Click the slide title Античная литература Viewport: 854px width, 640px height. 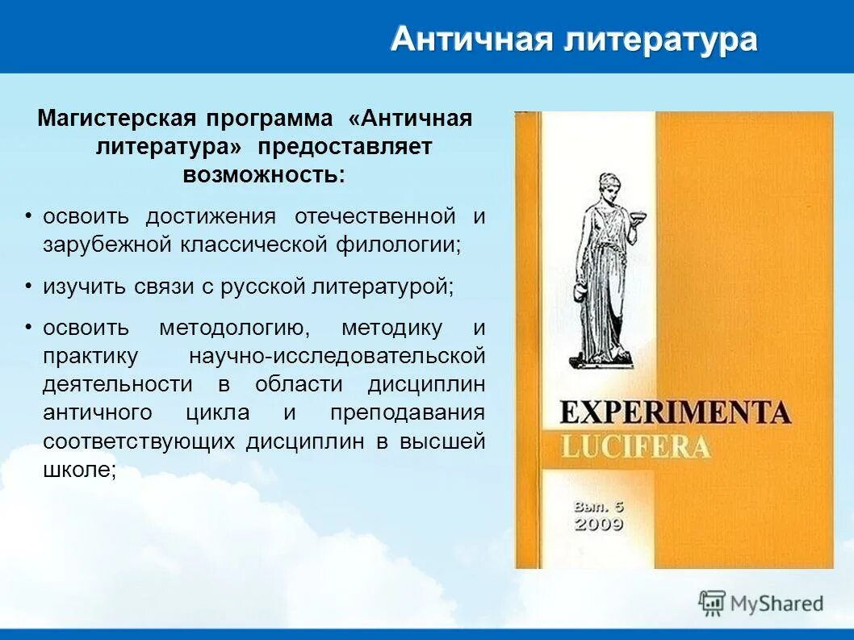click(x=574, y=39)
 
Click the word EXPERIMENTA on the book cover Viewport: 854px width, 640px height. click(x=674, y=412)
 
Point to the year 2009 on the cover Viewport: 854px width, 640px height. click(x=598, y=525)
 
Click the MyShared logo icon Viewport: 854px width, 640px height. click(x=712, y=603)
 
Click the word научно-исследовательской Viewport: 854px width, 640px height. click(x=337, y=356)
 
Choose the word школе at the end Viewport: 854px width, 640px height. click(x=77, y=470)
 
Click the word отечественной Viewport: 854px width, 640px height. click(x=375, y=216)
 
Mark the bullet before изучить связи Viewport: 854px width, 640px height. click(x=28, y=286)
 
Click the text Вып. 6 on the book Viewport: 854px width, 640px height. click(x=598, y=506)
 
